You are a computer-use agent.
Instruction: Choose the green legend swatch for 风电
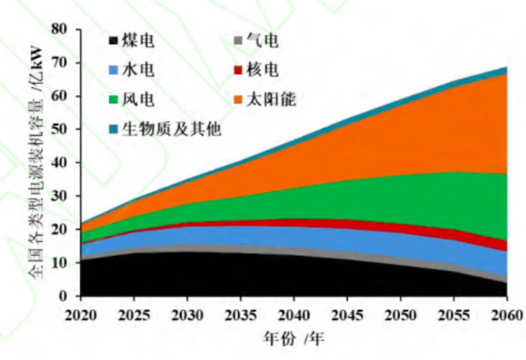click(x=114, y=100)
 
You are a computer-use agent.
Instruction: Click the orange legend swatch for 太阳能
click(x=238, y=100)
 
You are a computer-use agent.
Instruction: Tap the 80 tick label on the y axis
click(x=65, y=29)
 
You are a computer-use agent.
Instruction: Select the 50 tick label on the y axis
click(x=65, y=129)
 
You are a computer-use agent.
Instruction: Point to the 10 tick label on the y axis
click(x=65, y=263)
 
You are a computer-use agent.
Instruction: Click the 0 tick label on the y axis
click(x=69, y=296)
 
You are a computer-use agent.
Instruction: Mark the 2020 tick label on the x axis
click(x=80, y=315)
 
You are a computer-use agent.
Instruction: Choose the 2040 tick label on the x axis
click(x=293, y=315)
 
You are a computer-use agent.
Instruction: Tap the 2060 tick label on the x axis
click(x=506, y=315)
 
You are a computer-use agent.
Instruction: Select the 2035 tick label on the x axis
click(x=240, y=315)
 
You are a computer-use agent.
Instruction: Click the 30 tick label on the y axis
click(x=65, y=196)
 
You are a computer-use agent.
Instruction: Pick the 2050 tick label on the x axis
click(x=400, y=315)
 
